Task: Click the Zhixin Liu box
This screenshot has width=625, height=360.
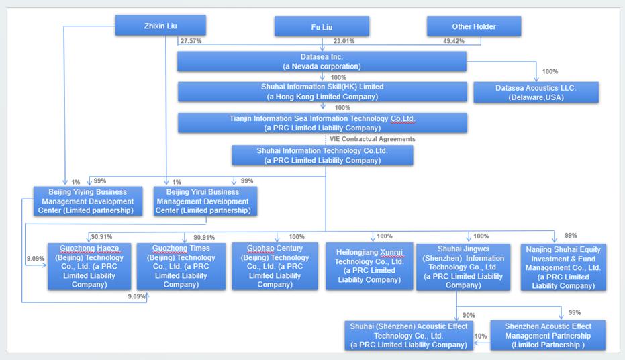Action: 160,26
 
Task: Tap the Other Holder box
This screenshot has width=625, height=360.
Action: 474,26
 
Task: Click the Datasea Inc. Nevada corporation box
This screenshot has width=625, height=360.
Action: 322,61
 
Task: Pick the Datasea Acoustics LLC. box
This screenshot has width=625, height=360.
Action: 536,93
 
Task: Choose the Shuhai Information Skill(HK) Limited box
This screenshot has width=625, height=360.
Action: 322,91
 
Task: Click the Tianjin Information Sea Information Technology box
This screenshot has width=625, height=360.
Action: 322,122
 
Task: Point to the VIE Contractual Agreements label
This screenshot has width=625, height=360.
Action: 372,139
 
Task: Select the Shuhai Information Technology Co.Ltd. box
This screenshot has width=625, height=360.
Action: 322,155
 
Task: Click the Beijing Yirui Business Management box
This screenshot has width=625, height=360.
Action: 202,201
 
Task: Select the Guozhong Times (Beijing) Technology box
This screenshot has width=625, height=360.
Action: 181,266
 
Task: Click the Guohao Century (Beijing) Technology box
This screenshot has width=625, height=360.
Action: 275,266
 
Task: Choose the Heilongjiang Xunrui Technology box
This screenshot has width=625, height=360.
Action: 369,266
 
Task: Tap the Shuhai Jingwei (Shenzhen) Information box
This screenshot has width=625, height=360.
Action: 463,266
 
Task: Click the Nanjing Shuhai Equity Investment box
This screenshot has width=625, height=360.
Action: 563,267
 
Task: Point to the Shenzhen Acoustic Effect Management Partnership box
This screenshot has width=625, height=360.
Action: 548,335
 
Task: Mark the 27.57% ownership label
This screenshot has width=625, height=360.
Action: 191,41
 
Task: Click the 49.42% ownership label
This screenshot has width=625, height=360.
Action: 454,41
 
